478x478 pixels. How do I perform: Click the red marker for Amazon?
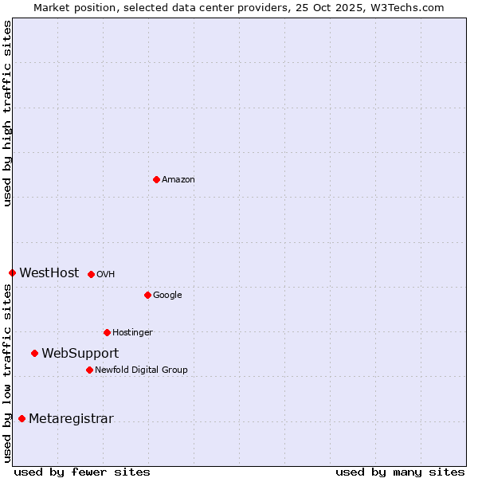156,179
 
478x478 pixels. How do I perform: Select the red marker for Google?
147,295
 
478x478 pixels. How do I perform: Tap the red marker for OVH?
91,274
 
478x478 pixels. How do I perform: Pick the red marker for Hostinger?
107,332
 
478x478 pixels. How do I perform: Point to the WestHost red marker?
12,272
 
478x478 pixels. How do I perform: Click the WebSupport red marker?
34,353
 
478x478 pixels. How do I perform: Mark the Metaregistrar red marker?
22,418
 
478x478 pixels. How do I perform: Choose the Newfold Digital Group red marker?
89,370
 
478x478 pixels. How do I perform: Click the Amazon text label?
178,180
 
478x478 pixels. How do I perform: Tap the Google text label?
167,296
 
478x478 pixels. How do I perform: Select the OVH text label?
106,275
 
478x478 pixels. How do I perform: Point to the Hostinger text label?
132,333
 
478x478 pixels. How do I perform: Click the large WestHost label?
49,273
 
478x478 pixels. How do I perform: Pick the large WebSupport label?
80,354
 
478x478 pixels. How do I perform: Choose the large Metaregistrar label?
71,419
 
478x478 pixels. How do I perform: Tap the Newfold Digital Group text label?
141,370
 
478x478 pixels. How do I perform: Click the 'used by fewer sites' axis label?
82,472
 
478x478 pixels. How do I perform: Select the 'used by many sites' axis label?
400,472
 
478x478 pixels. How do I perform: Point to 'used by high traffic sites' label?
7,113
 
